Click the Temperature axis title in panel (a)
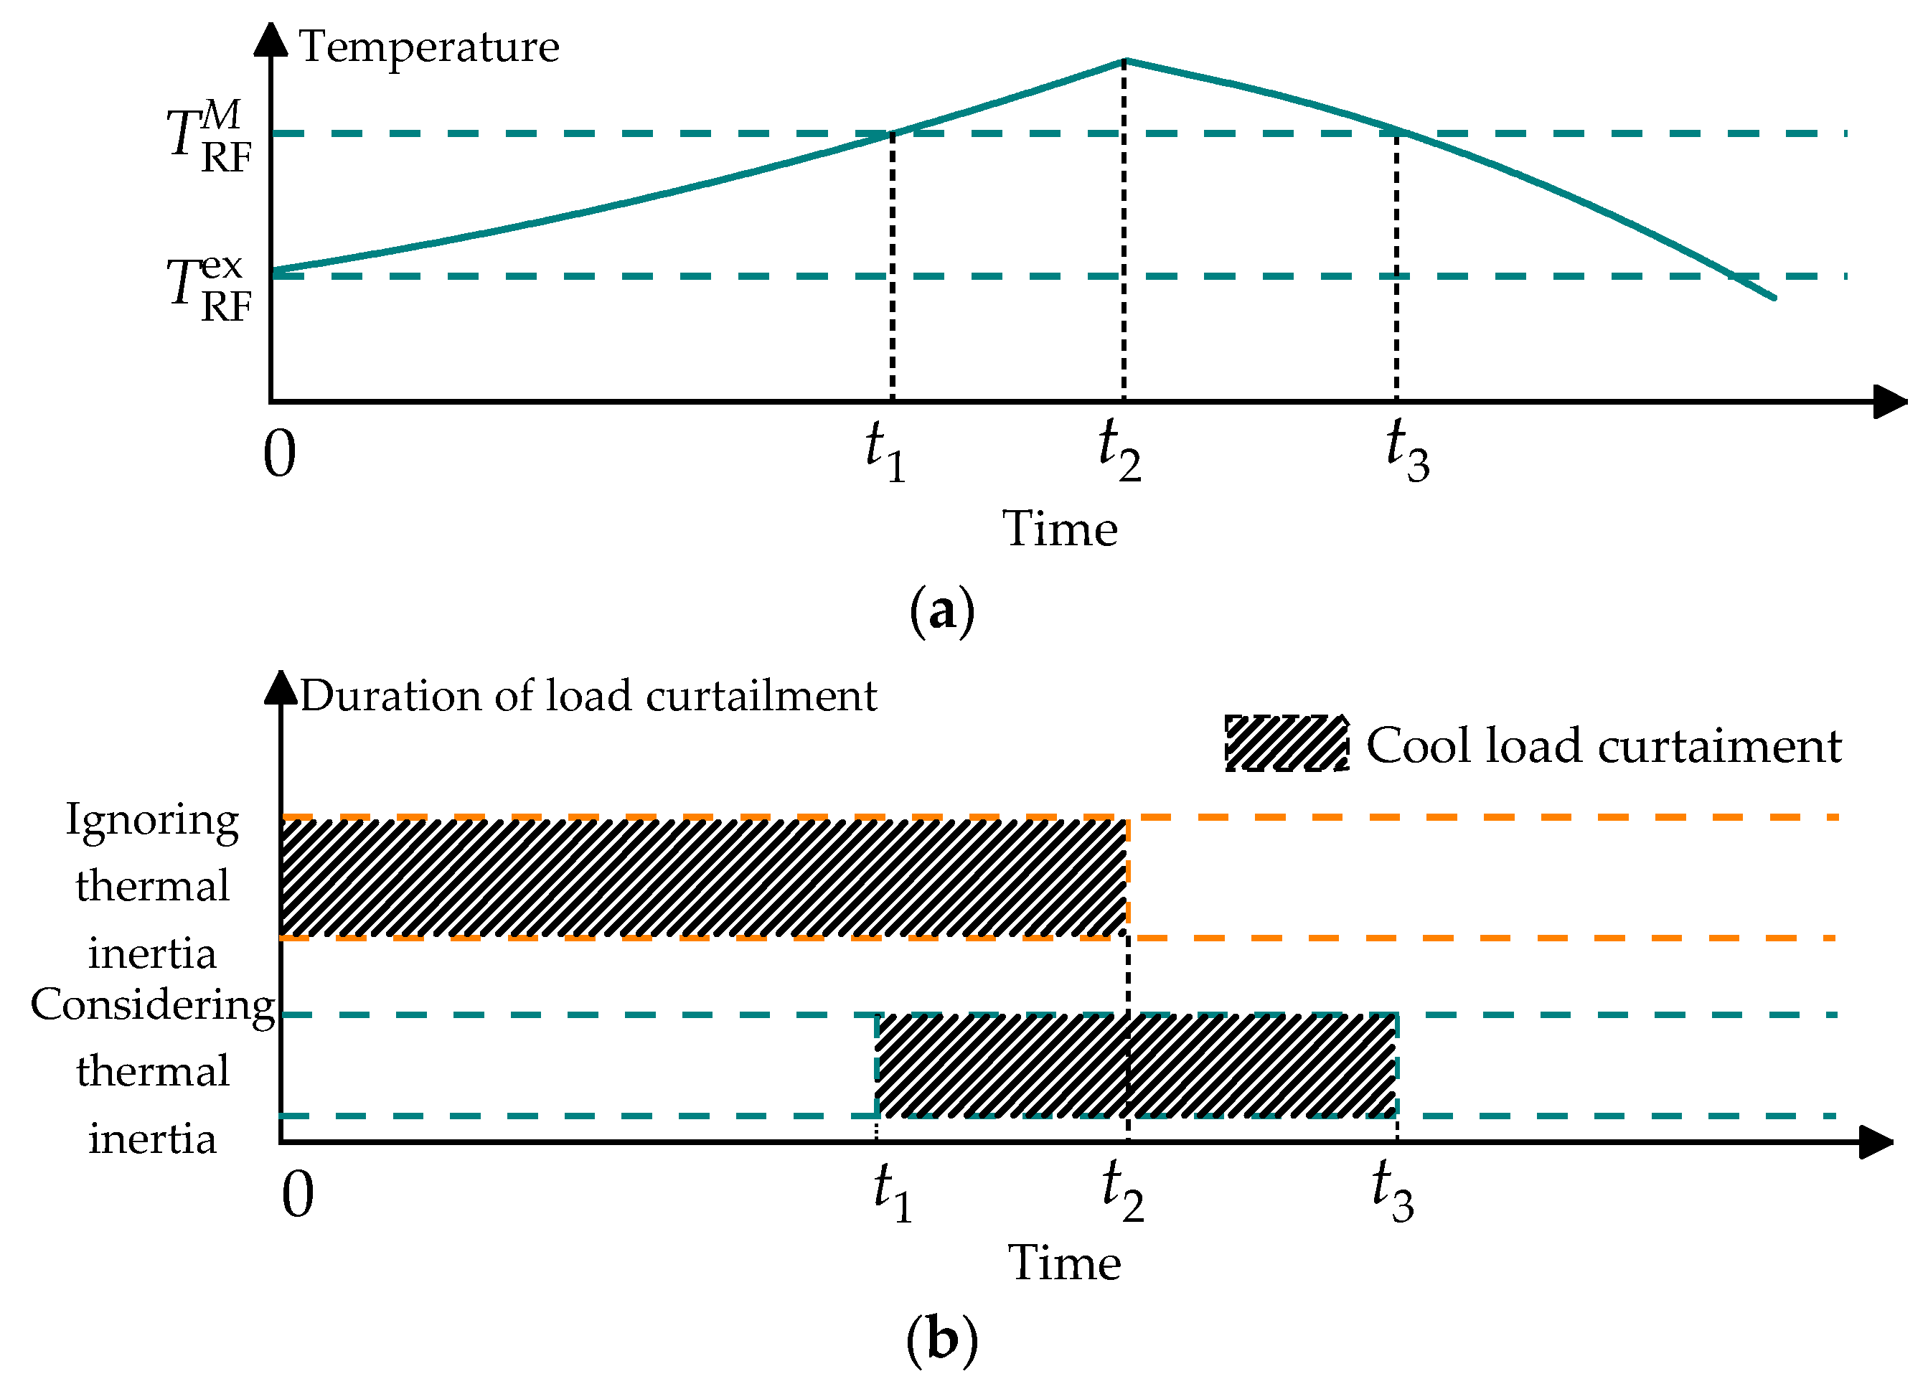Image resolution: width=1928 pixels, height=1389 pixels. tap(429, 47)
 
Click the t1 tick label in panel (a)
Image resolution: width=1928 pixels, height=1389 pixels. tap(885, 451)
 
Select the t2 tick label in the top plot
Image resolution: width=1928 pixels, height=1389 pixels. tap(1119, 451)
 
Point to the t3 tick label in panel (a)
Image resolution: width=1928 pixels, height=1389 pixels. tap(1407, 451)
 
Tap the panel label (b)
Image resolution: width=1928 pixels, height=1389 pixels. tap(941, 1340)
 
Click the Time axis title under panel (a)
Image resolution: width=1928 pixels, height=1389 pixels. tap(1059, 529)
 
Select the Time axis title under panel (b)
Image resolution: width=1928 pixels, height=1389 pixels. tap(1064, 1262)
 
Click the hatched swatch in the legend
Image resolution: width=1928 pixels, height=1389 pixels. tap(1287, 743)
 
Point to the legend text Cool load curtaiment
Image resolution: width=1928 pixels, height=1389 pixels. tap(1603, 746)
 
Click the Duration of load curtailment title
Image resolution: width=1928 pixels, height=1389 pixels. tap(588, 696)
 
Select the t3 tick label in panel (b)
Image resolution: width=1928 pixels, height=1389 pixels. tap(1393, 1192)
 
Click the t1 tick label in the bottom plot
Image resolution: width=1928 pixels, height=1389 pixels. tap(893, 1192)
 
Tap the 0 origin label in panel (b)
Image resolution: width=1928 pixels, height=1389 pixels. tap(298, 1195)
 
